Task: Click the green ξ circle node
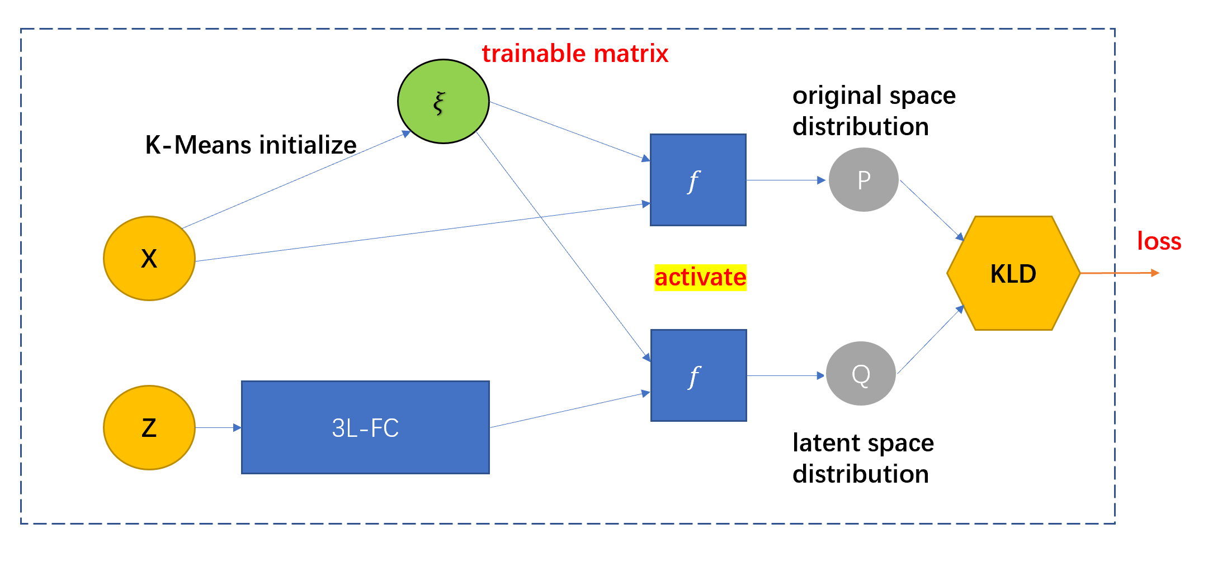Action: (x=443, y=102)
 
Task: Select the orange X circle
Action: (x=149, y=258)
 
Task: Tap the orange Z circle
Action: (x=149, y=427)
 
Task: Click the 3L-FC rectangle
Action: (x=365, y=427)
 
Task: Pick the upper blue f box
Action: (x=698, y=180)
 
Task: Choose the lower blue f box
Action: (x=699, y=375)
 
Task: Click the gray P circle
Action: (x=863, y=180)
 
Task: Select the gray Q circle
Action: (x=861, y=374)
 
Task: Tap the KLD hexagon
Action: (x=1013, y=273)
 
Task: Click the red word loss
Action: (x=1159, y=241)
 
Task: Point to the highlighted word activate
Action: (x=700, y=278)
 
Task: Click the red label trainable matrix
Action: (x=575, y=54)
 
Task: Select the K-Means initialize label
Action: (x=251, y=145)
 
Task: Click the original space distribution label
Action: (x=874, y=111)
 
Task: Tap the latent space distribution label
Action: (x=863, y=458)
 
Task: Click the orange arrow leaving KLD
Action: (x=1119, y=273)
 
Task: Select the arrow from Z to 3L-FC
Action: (x=218, y=427)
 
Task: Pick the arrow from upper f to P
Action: (x=786, y=180)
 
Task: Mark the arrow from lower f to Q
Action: (x=786, y=375)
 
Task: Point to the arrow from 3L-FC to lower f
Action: (x=569, y=410)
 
